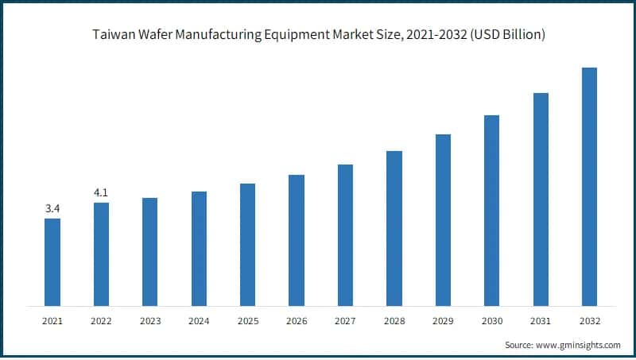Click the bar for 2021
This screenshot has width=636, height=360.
(x=52, y=262)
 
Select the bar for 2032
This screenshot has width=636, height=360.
(x=590, y=187)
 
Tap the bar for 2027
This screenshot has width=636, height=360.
(x=345, y=235)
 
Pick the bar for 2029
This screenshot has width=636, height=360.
(x=443, y=220)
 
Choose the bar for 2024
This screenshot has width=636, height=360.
(x=199, y=249)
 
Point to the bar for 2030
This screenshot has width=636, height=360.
(x=492, y=211)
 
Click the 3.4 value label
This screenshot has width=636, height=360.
(x=52, y=209)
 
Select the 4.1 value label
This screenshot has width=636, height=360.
(x=101, y=192)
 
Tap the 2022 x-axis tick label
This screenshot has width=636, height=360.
(x=101, y=321)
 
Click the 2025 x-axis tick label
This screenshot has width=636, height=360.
(x=248, y=321)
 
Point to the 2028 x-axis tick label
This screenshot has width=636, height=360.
(x=394, y=321)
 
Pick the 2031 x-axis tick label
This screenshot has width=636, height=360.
(x=541, y=321)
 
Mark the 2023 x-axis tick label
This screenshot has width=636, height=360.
(x=150, y=321)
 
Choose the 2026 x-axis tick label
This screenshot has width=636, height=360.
(x=297, y=321)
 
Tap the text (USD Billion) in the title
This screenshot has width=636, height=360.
(x=506, y=36)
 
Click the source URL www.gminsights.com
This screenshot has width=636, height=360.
(x=579, y=346)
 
